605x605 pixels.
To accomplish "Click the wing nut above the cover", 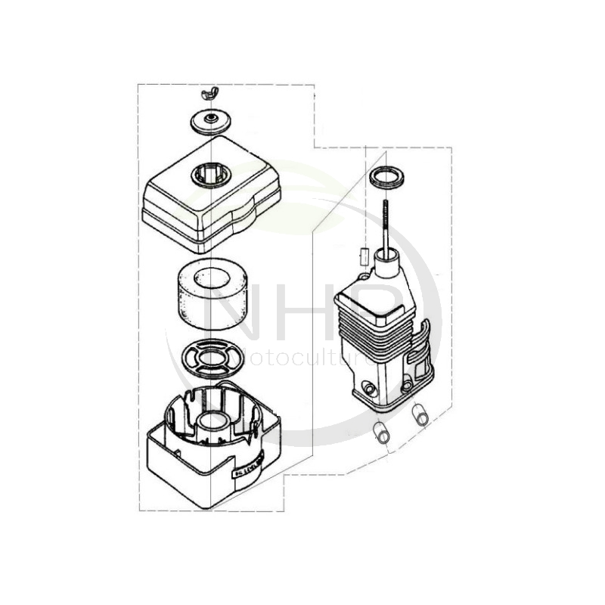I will pos(209,94).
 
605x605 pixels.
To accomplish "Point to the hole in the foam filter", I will pos(213,279).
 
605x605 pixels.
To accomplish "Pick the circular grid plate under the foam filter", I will pos(213,358).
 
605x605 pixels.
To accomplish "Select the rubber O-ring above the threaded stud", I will pos(386,178).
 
